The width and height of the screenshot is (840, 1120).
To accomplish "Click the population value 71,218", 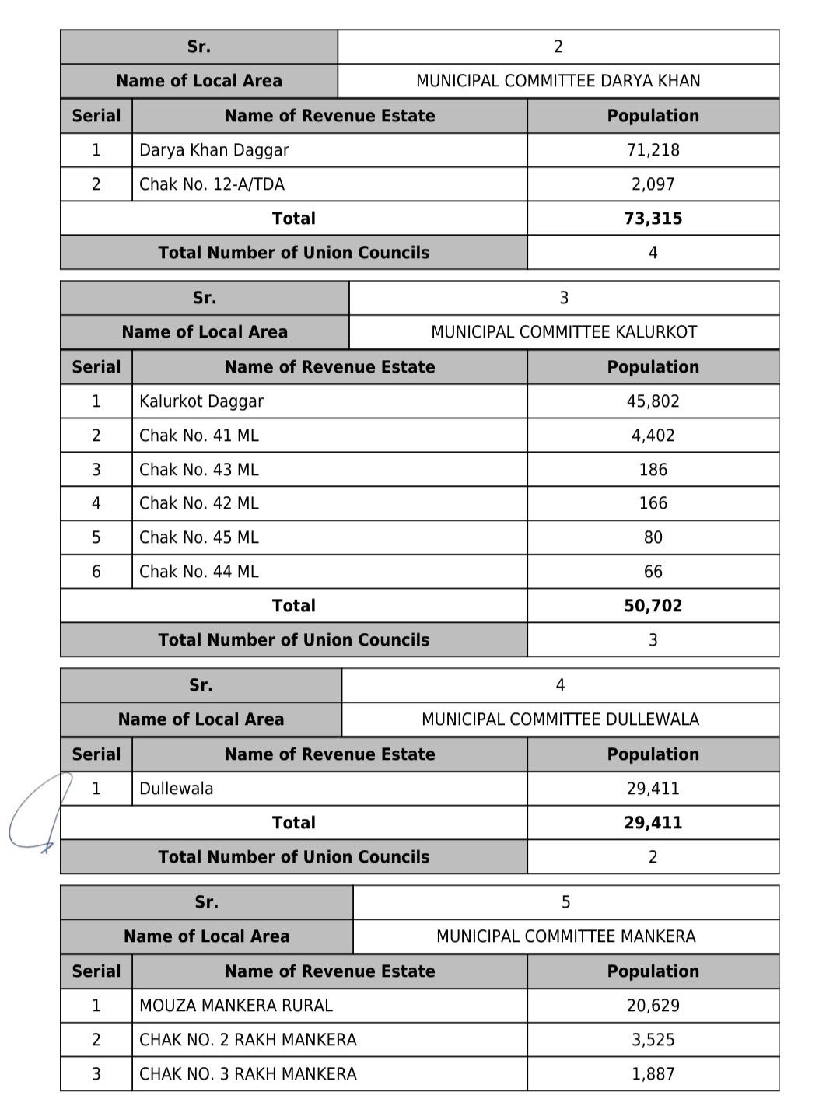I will pos(653,150).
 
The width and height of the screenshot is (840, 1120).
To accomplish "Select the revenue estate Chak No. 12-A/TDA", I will pos(212,184).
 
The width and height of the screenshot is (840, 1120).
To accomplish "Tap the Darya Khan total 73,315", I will pos(653,219).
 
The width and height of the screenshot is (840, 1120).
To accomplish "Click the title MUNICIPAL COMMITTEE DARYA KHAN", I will pos(558,81).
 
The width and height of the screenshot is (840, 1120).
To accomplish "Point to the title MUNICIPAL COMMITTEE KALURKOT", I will pos(564,332).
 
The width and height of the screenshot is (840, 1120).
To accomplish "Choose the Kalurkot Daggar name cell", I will pos(201,401).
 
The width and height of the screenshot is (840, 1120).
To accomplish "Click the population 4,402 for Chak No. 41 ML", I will pos(653,436).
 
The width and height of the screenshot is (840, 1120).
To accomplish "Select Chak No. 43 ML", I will pos(199,470).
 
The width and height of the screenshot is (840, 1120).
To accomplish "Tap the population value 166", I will pos(653,503).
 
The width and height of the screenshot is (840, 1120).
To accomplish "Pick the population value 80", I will pos(653,537).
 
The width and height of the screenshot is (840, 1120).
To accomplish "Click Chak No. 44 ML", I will pos(199,572).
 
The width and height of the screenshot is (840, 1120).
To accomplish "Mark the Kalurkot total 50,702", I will pos(653,606).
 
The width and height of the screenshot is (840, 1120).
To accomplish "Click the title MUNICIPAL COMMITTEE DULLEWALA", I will pos(560,719).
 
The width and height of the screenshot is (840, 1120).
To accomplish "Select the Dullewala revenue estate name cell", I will pos(177,789).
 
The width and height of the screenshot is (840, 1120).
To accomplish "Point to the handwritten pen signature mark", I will pos(35,817).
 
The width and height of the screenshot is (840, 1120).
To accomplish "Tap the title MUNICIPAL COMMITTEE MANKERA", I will pos(565,936).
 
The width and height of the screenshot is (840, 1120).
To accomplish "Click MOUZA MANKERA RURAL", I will pos(236,1006).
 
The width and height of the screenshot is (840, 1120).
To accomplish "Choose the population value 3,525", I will pos(653,1040).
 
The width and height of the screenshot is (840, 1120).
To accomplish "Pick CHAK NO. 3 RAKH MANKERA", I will pos(247,1074).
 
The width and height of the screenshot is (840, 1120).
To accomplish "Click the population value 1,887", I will pos(653,1074).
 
